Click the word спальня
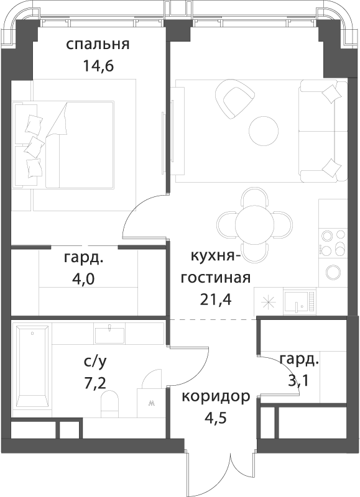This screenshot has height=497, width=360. (x=98, y=44)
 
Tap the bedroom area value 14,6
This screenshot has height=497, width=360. (x=98, y=66)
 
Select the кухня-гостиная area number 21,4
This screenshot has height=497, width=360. (x=215, y=299)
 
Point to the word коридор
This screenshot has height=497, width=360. (x=216, y=398)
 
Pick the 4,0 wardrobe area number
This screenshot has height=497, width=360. (x=84, y=279)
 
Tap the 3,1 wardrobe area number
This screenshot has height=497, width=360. (x=299, y=380)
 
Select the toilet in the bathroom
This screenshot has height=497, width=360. (x=109, y=404)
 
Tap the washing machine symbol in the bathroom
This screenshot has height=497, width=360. (x=151, y=403)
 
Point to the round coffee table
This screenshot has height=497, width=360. (x=264, y=132)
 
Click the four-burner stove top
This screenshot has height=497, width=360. (x=333, y=243)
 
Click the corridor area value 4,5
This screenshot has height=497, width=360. (x=216, y=419)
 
